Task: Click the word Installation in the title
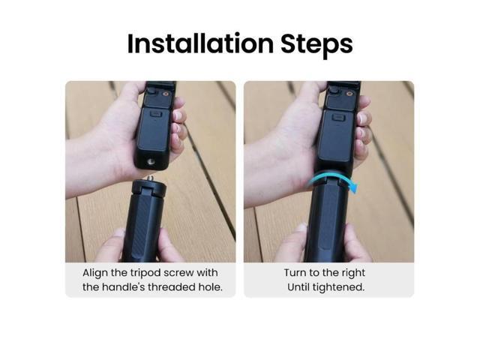tap(194, 43)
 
